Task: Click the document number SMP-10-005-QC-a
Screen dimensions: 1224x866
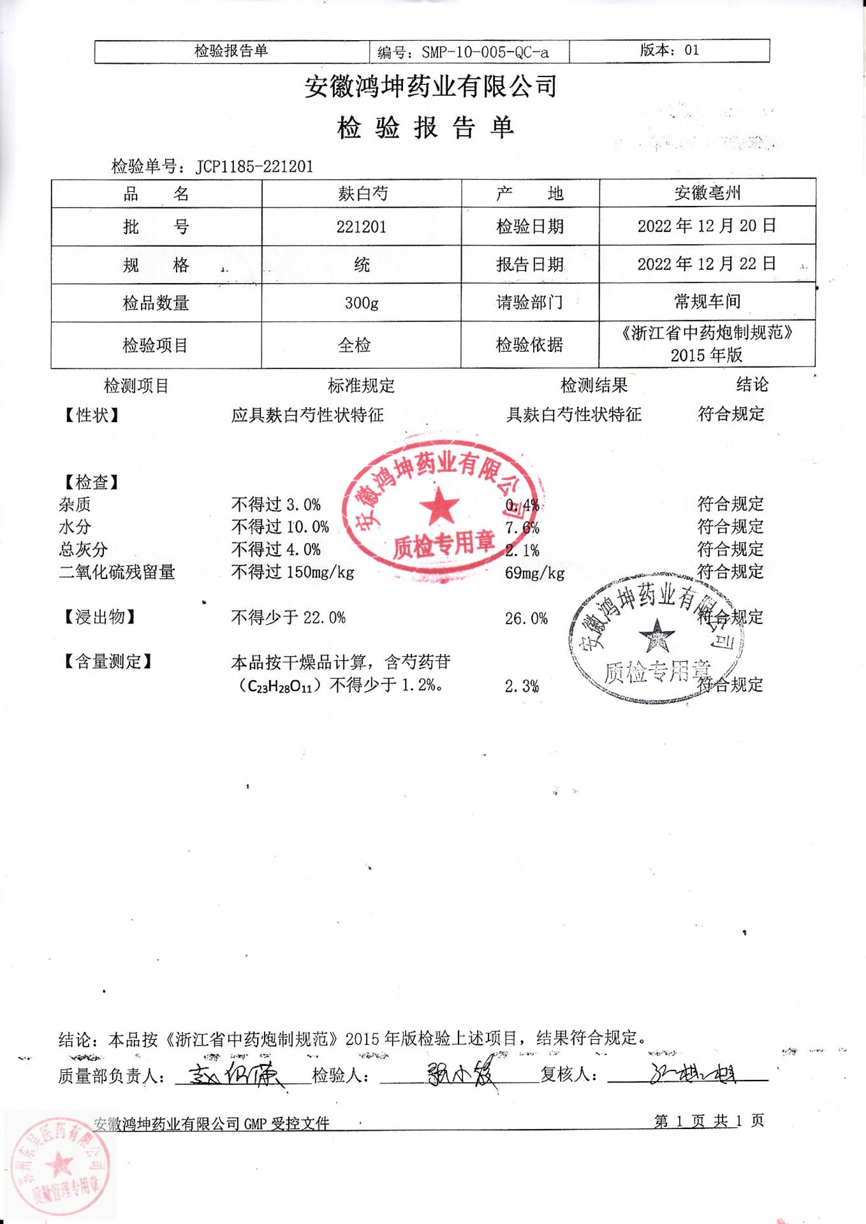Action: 485,52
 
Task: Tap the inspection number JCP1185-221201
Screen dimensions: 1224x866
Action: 254,167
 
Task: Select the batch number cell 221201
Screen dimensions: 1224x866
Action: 362,227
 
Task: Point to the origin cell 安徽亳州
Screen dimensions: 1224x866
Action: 707,193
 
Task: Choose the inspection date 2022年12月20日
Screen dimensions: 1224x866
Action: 707,226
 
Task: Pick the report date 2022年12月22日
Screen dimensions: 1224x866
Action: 707,264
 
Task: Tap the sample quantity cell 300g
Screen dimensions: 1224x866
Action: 362,303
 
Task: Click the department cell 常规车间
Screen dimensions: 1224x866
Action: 707,301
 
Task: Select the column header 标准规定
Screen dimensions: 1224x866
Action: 362,386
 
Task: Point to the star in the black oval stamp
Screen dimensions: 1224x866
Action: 657,635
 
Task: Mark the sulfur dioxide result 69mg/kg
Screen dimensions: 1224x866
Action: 534,573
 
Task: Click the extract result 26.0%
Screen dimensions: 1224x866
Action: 526,618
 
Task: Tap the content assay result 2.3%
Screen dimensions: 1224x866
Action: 522,687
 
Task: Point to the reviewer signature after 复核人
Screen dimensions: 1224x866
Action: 692,1075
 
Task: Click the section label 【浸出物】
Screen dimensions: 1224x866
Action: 99,617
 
